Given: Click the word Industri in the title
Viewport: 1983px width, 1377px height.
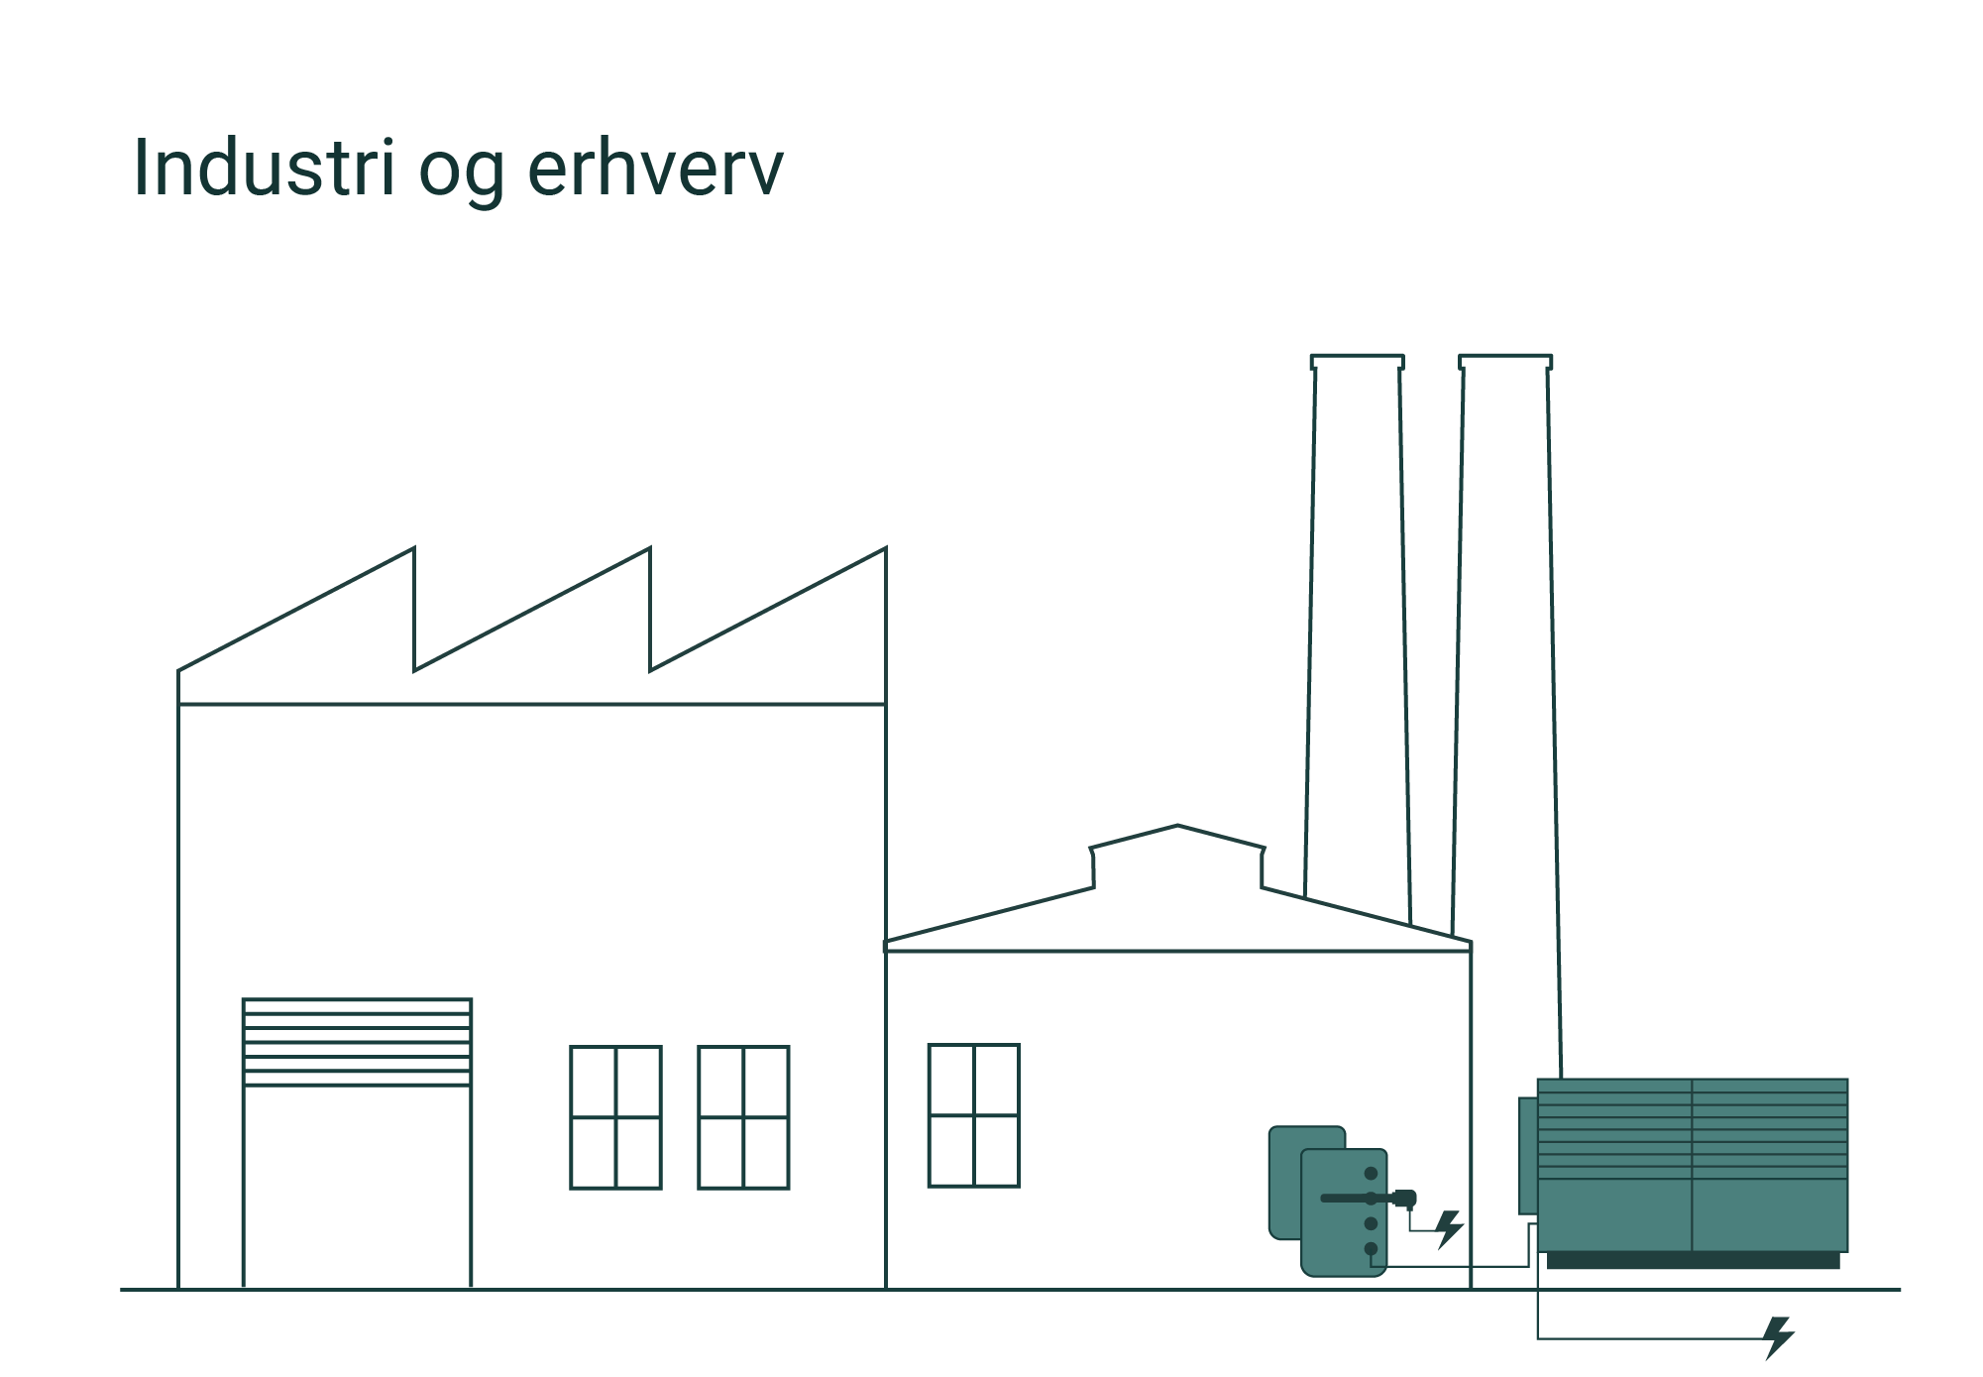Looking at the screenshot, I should [264, 168].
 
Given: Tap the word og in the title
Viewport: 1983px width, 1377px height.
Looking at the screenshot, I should [460, 173].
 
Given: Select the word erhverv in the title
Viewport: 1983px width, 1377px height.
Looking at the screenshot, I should [655, 168].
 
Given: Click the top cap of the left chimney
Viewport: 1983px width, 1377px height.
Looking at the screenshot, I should [1357, 361].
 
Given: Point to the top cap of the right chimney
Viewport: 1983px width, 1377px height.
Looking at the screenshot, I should [1505, 361].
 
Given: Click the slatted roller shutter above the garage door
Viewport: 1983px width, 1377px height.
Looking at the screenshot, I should [357, 1041].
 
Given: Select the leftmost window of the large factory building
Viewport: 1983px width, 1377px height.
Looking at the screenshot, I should [615, 1116].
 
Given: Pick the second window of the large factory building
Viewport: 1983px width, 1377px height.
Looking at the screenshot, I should [743, 1116].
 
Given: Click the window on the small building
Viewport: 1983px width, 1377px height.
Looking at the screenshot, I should [973, 1114].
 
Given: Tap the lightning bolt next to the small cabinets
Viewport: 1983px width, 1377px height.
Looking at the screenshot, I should [1449, 1228].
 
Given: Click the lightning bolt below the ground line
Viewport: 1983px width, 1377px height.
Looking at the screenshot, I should [1779, 1337].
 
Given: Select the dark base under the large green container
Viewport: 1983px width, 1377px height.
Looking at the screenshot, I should [1693, 1260].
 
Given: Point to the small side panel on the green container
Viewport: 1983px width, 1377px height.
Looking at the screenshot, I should [1527, 1155].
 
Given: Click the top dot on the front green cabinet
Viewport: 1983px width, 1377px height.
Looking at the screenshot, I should [1371, 1174].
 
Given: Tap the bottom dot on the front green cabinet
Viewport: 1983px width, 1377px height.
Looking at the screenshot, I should [1371, 1249].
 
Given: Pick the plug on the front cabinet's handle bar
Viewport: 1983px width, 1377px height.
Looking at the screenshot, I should [1405, 1199].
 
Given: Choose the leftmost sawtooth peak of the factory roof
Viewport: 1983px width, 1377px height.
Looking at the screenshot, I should [412, 551].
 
